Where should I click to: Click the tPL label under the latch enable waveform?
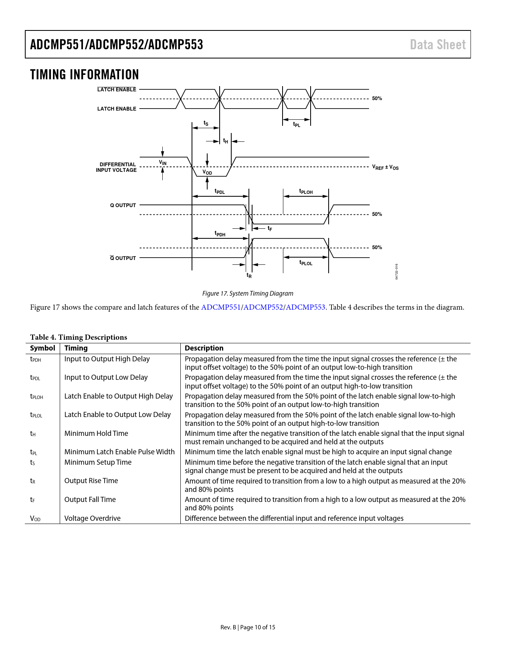click(297, 125)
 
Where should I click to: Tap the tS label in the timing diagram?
click(206, 123)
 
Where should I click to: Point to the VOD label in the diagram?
click(207, 173)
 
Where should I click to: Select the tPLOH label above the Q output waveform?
click(306, 191)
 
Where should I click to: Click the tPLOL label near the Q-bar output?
click(306, 263)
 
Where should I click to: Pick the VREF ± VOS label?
click(385, 167)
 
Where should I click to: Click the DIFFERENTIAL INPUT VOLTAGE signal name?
click(116, 167)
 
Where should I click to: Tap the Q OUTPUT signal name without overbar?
click(123, 206)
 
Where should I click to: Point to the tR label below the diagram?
click(249, 275)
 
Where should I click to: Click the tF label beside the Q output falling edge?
click(270, 228)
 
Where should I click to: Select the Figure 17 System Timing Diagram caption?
click(248, 294)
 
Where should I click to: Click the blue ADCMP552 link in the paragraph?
click(263, 307)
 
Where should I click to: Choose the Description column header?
click(204, 348)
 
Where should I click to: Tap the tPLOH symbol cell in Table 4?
click(36, 397)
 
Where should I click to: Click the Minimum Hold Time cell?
click(96, 433)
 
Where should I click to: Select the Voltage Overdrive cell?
click(93, 518)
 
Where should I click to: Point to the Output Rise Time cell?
click(91, 481)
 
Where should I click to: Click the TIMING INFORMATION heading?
click(84, 75)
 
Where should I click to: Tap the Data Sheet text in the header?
click(438, 45)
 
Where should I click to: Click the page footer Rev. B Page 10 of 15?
click(248, 627)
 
